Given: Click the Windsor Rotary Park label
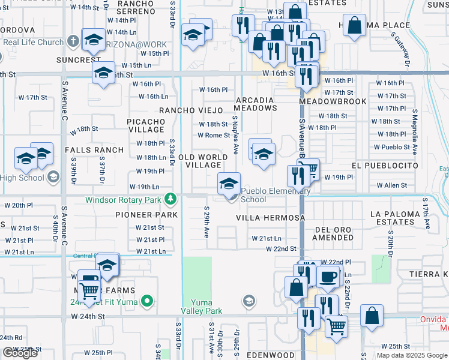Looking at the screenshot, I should (125, 199).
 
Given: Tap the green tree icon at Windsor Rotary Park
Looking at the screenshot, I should (171, 198).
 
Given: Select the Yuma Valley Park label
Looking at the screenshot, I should (202, 306).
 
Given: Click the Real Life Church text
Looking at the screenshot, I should (33, 42).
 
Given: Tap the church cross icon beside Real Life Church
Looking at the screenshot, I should (73, 42).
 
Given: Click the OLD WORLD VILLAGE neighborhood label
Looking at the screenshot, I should (203, 161).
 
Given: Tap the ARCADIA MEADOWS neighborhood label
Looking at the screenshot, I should (255, 104).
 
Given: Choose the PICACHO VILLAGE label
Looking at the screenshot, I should (146, 125).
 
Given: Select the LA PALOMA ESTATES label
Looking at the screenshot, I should (402, 218).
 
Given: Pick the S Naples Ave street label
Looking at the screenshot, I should (236, 135).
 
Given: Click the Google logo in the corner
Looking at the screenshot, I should (20, 353).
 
